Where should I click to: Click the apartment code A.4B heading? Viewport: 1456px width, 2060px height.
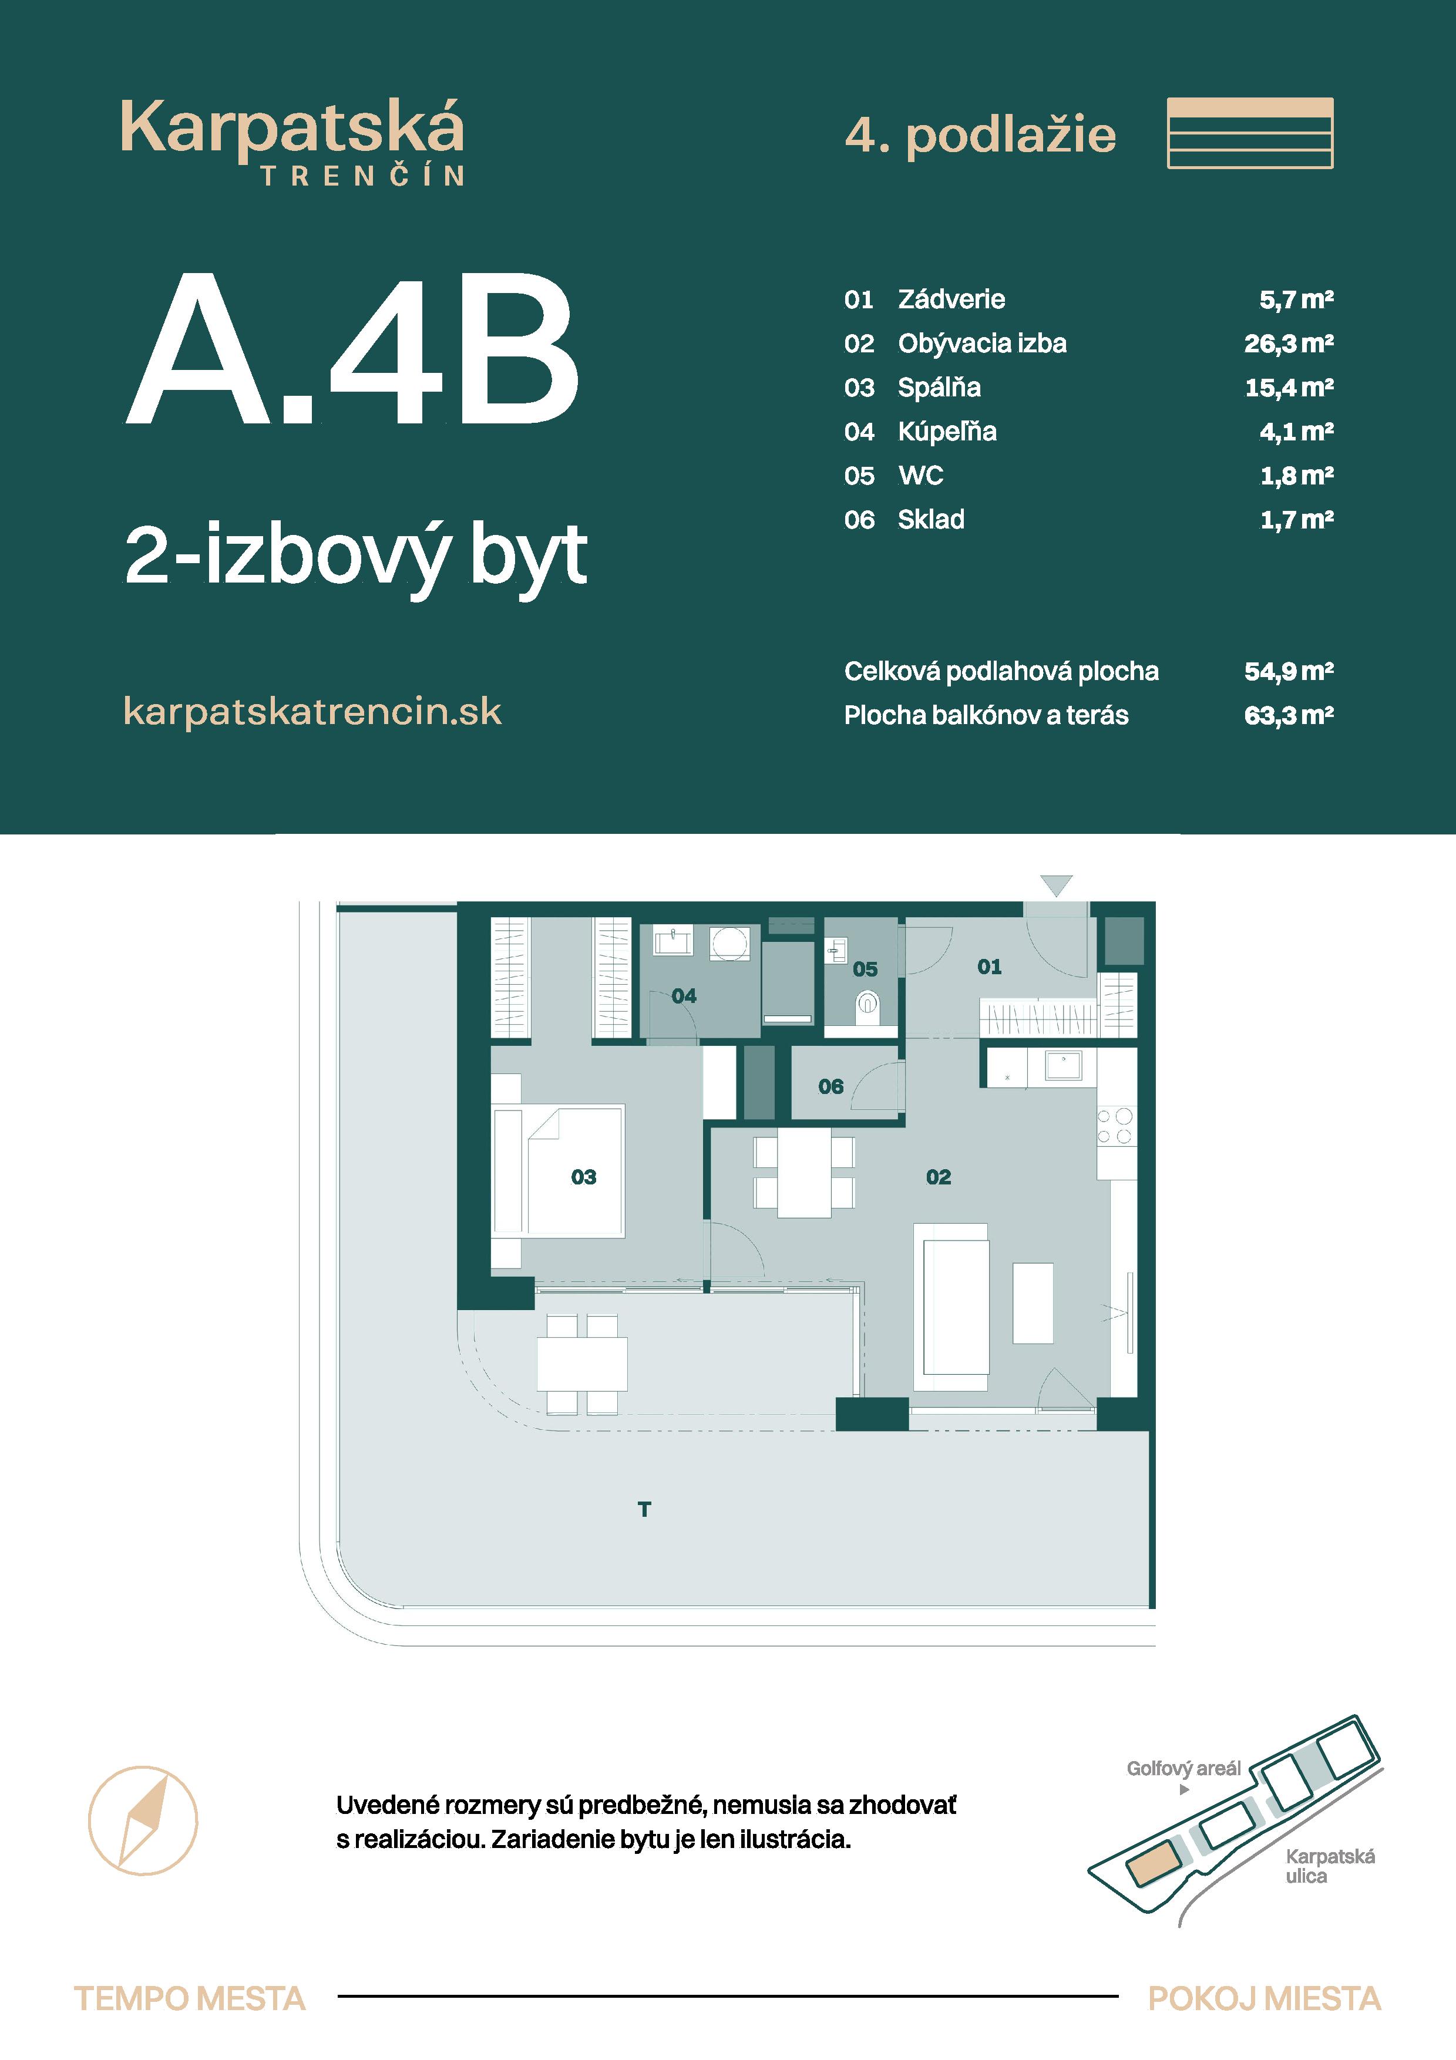[x=352, y=350]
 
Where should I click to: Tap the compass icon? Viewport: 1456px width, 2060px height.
[x=143, y=1820]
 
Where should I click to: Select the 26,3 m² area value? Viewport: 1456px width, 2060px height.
[x=1287, y=344]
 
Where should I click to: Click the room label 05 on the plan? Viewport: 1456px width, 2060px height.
[x=865, y=969]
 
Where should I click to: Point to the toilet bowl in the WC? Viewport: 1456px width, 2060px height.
[x=866, y=1003]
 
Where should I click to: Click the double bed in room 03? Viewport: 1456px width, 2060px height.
[x=574, y=1172]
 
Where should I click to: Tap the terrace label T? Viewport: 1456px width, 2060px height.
[x=644, y=1510]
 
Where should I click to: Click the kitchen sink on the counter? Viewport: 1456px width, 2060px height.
[x=1064, y=1066]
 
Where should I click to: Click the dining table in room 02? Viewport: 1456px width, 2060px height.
[x=804, y=1172]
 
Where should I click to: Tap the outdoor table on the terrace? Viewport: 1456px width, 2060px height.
[x=581, y=1365]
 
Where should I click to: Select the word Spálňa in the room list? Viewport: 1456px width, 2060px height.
[x=939, y=388]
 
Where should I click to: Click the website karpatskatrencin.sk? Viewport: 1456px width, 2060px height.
[x=312, y=712]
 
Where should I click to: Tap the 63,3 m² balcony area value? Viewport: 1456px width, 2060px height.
[x=1287, y=716]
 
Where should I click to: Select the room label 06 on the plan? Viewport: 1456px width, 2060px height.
[x=830, y=1086]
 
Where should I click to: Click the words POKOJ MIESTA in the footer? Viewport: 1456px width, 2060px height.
[x=1263, y=1999]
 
